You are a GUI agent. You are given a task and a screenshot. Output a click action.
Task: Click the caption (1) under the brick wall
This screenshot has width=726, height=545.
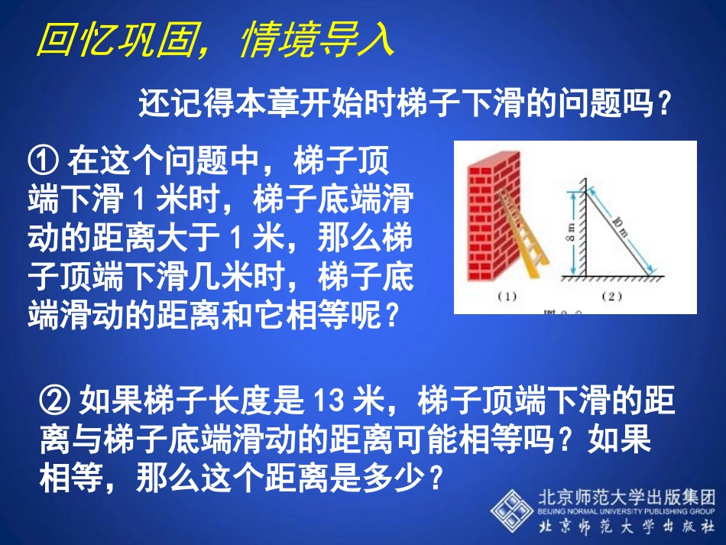(x=507, y=297)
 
